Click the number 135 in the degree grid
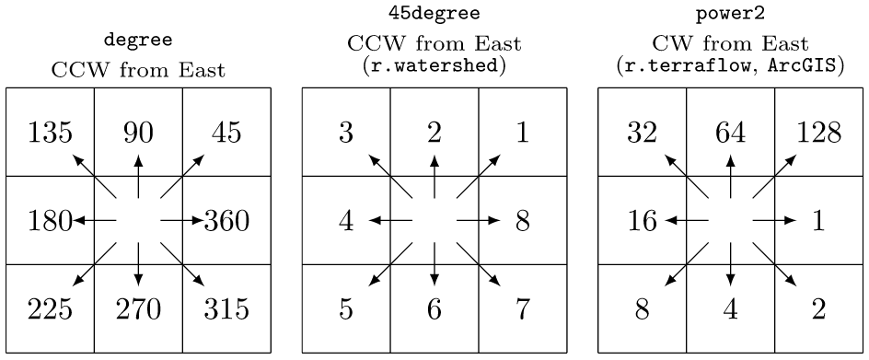(x=50, y=133)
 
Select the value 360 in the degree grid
(x=227, y=221)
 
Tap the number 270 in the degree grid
(x=138, y=309)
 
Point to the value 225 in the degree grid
(x=50, y=309)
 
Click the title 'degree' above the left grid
(x=138, y=41)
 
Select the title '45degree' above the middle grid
(x=434, y=15)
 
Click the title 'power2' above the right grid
(x=730, y=15)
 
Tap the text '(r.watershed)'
(x=434, y=69)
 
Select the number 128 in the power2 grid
(x=818, y=133)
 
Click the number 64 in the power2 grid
(x=730, y=133)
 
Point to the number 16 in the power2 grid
(x=642, y=221)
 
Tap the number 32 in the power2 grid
(x=642, y=133)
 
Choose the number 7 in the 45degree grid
(x=523, y=309)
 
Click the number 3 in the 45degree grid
(x=346, y=133)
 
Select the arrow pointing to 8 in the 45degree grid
(x=479, y=221)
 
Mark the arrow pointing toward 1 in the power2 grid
(x=774, y=221)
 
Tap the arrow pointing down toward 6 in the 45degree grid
(x=434, y=265)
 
